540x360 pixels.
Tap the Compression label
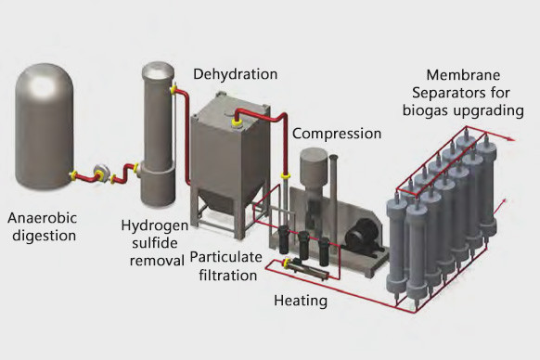tap(337, 134)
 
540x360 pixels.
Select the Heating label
tap(301, 301)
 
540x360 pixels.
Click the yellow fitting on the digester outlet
tap(72, 175)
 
